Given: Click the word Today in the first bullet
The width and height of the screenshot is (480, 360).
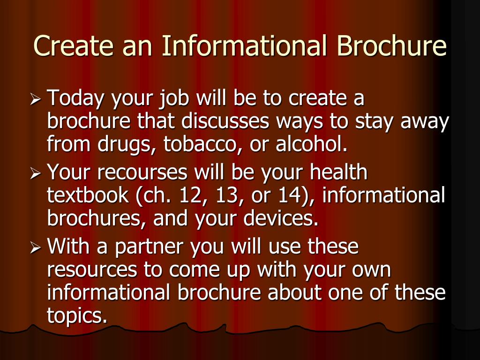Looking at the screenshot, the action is coord(75,98).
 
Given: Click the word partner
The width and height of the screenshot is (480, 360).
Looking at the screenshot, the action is coord(149,247).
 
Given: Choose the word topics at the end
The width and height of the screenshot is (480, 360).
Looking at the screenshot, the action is coord(77,315).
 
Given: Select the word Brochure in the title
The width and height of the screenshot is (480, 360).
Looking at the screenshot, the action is coord(391,45).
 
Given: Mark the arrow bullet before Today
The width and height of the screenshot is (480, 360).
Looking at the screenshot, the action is coord(35,100).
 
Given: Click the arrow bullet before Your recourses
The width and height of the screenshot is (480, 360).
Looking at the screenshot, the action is coord(35,174).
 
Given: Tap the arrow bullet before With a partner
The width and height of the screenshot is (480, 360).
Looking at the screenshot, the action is coord(35,248).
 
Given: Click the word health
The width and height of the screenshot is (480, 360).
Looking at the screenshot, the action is coord(338,172).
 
